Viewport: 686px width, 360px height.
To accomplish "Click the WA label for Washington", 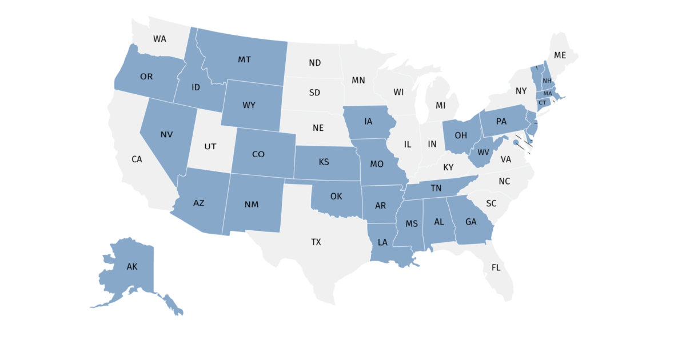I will [x=159, y=39].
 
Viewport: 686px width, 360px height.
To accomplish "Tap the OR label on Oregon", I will [x=146, y=76].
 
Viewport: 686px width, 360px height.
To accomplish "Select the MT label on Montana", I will [x=245, y=59].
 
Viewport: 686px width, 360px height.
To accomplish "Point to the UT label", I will [x=210, y=146].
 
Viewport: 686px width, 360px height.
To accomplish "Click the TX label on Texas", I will [x=316, y=242].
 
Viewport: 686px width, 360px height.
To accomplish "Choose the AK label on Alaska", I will [x=132, y=266].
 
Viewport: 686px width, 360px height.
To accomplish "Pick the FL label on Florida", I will [x=496, y=267].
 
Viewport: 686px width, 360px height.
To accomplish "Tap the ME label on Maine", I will [x=560, y=55].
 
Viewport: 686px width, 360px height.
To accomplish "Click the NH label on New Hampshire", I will [x=547, y=81].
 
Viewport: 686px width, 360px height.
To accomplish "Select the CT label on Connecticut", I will [x=543, y=102].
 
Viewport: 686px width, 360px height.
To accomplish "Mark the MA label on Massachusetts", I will [x=548, y=93].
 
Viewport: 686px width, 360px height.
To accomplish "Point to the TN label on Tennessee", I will [x=436, y=187].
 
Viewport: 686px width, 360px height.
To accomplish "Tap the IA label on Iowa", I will [x=368, y=121].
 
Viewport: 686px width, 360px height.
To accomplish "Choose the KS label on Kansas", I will [x=324, y=162].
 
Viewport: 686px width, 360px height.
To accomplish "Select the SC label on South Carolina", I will [x=491, y=203].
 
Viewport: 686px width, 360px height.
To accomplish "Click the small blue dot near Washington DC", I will [x=516, y=143].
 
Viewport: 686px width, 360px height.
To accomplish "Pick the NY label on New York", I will [x=521, y=91].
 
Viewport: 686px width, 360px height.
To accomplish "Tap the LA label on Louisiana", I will [x=382, y=242].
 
